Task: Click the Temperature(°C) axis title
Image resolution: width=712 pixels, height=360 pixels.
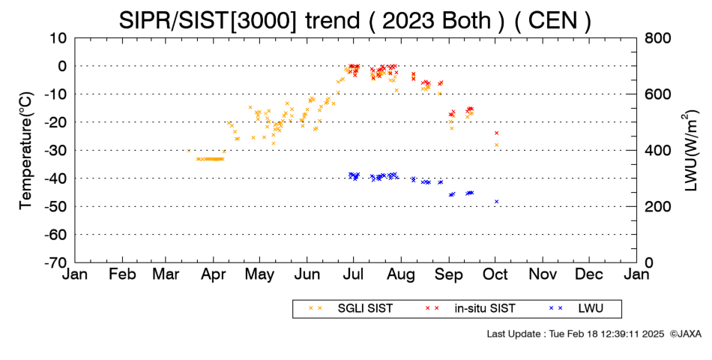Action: pyautogui.click(x=26, y=151)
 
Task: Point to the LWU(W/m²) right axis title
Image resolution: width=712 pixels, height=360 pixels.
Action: pyautogui.click(x=689, y=151)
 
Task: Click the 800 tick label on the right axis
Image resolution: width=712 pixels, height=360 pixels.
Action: pyautogui.click(x=658, y=38)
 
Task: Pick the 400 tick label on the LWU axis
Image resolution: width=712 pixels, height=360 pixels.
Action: pyautogui.click(x=658, y=151)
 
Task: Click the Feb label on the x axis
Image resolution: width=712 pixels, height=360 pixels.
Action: pyautogui.click(x=123, y=274)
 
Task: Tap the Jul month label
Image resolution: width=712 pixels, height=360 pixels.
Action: pyautogui.click(x=353, y=274)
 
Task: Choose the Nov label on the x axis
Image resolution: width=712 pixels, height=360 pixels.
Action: pyautogui.click(x=543, y=274)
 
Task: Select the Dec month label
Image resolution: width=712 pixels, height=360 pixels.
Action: pyautogui.click(x=589, y=274)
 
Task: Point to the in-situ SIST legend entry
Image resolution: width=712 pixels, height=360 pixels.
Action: pyautogui.click(x=471, y=309)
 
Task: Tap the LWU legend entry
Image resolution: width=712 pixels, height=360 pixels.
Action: pyautogui.click(x=576, y=309)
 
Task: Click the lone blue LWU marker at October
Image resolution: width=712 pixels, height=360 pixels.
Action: pyautogui.click(x=497, y=201)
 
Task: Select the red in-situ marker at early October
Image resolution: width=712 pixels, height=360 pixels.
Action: pyautogui.click(x=497, y=133)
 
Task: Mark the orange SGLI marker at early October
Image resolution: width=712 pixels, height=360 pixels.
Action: pyautogui.click(x=497, y=145)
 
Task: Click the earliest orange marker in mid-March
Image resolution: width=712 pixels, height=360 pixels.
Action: pyautogui.click(x=189, y=151)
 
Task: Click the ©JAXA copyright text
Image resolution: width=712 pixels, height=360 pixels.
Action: pyautogui.click(x=685, y=334)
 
